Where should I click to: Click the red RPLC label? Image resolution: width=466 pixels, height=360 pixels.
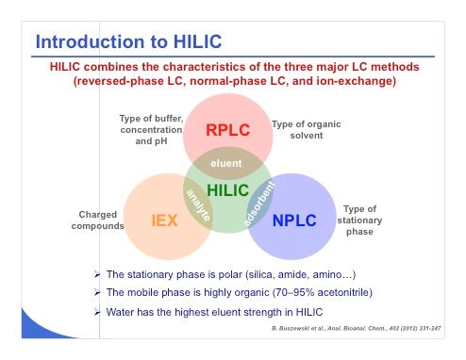227,130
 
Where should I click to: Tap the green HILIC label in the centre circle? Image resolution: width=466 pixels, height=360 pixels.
228,190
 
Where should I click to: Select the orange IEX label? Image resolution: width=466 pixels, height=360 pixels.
164,221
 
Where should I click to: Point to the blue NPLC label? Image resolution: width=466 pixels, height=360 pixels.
294,221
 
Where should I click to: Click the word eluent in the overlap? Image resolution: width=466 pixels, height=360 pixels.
226,163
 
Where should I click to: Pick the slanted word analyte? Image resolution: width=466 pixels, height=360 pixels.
198,205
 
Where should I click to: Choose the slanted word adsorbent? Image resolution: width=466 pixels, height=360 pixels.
259,204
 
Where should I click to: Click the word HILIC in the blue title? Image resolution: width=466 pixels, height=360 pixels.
198,41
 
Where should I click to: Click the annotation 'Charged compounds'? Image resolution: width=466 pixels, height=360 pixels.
97,221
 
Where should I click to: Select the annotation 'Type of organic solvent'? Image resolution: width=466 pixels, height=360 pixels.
307,130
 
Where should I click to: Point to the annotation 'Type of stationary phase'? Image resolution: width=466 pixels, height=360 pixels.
359,221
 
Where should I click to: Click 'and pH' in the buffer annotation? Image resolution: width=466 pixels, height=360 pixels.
151,141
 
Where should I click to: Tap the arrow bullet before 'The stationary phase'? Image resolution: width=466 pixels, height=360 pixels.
97,274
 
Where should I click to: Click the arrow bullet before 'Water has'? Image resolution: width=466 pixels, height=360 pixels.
97,312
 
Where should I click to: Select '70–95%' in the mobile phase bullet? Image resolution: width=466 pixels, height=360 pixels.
293,292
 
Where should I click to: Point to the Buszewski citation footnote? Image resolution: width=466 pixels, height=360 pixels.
357,328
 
